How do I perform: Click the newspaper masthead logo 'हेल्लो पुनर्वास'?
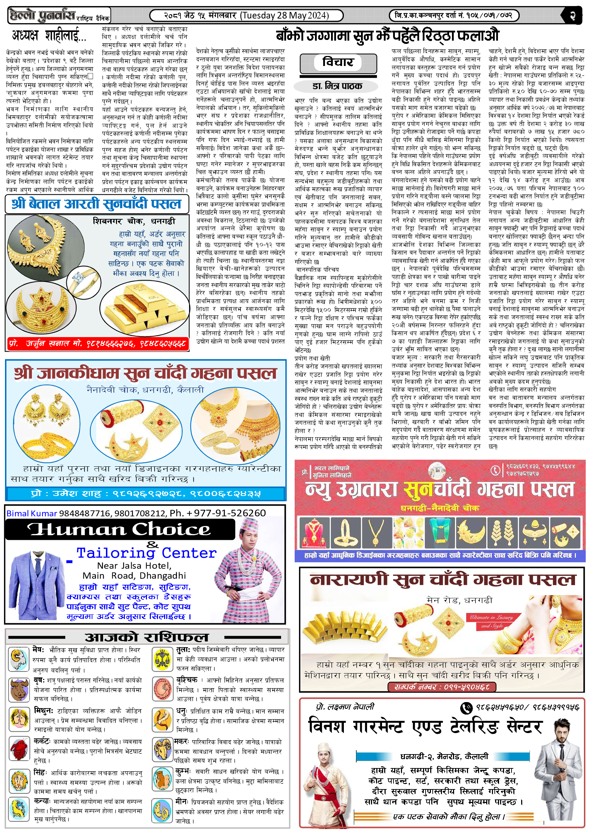click(x=43, y=16)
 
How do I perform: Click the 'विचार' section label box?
click(x=337, y=62)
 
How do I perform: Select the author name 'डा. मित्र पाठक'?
click(x=337, y=86)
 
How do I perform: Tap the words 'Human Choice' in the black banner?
click(x=120, y=529)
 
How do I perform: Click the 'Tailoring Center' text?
click(x=146, y=553)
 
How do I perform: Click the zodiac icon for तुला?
click(x=162, y=658)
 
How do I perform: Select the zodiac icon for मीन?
click(x=162, y=811)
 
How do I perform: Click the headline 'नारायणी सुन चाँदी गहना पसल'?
click(x=442, y=580)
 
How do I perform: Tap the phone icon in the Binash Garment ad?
click(x=466, y=707)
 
